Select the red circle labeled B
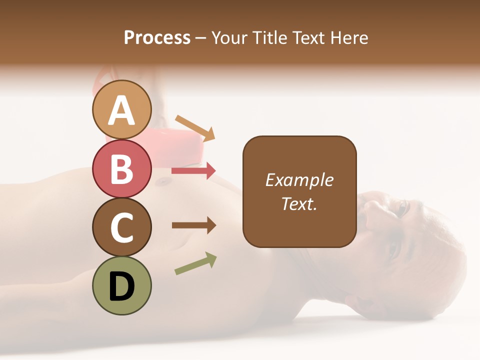point(121,168)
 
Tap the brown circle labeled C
point(121,227)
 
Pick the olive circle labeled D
point(121,285)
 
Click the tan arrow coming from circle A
point(195,128)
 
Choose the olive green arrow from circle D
point(195,263)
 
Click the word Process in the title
point(157,37)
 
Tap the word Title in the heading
point(270,37)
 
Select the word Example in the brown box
point(299,180)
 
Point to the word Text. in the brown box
point(299,203)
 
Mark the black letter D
point(121,286)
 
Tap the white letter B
point(121,169)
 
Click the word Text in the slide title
point(308,37)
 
